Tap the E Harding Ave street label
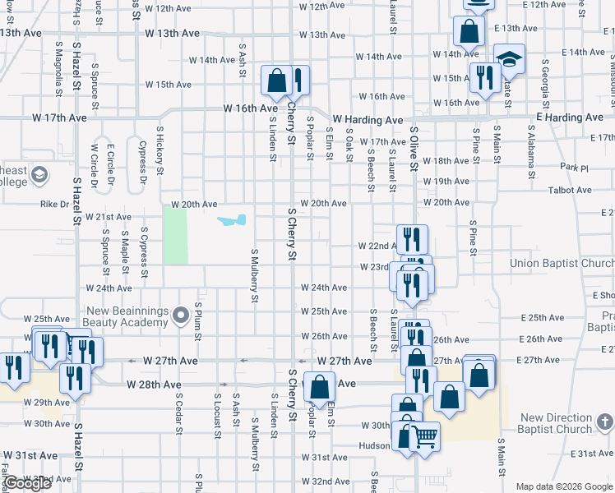coord(570,117)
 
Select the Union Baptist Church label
coord(562,264)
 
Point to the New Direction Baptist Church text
coord(556,423)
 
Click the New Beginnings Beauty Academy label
coord(139,318)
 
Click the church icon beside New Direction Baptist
coord(604,423)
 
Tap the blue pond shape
coord(232,220)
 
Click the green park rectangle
coord(174,235)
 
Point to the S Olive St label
coord(414,148)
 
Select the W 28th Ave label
coord(154,384)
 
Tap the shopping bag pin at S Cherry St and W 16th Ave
coord(276,81)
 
